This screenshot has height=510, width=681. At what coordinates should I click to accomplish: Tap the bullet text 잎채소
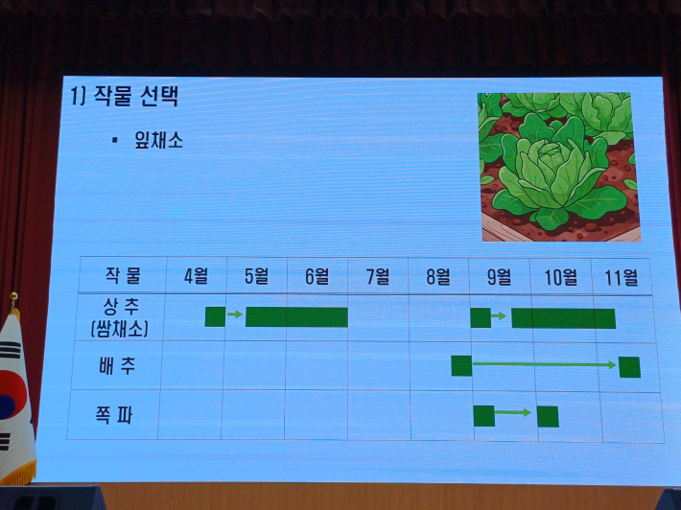click(x=157, y=140)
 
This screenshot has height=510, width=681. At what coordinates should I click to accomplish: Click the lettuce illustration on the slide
click(x=557, y=166)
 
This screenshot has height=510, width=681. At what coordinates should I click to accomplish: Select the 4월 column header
click(x=196, y=277)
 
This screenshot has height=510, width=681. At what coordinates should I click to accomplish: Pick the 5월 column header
click(x=256, y=277)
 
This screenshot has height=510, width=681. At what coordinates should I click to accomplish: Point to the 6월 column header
click(x=317, y=277)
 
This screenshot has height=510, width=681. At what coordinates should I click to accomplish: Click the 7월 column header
click(x=378, y=277)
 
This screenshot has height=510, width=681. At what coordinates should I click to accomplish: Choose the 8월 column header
click(x=438, y=277)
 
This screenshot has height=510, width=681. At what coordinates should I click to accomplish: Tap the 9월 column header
click(x=499, y=277)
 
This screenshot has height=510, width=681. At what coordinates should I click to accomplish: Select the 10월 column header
click(x=561, y=277)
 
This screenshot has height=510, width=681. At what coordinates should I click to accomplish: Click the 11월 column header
click(x=621, y=277)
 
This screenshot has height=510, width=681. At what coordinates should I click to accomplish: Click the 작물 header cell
click(x=122, y=276)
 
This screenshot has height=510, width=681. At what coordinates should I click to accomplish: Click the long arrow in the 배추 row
click(x=545, y=365)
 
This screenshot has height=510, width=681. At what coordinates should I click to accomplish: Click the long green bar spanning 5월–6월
click(x=296, y=316)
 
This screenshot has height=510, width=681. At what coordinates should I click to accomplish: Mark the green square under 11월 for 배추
click(x=629, y=366)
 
